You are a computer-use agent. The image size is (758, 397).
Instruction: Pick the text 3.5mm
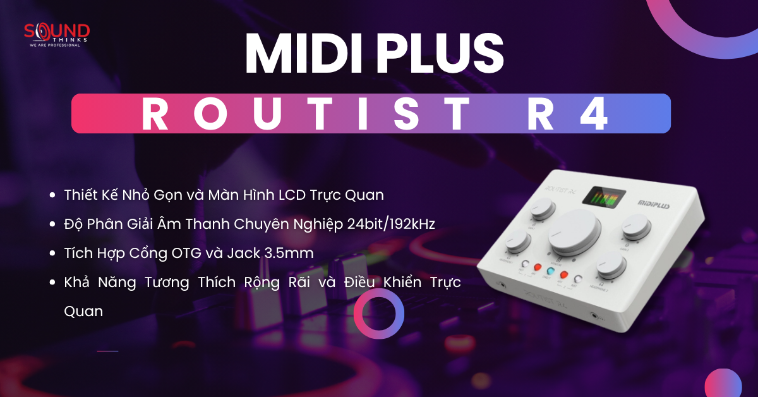coord(292,253)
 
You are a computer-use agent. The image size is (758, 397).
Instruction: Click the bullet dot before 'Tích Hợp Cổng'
coord(52,253)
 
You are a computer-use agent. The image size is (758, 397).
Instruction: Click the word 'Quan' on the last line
coord(83,311)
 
